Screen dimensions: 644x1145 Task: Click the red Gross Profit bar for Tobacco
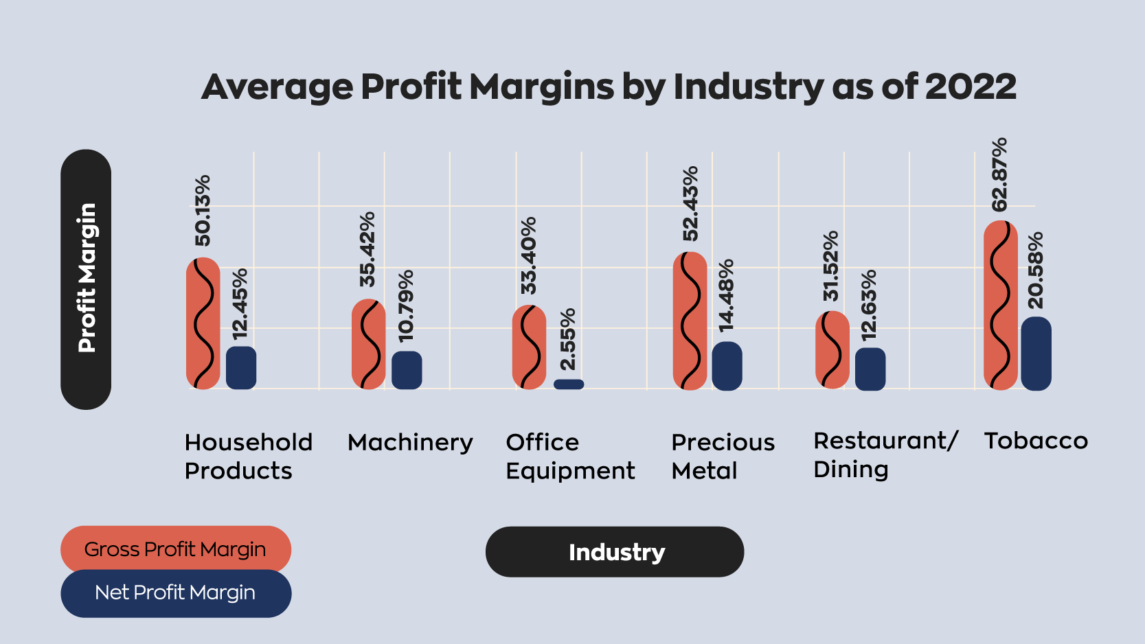(1000, 305)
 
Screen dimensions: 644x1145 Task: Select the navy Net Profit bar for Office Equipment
(569, 384)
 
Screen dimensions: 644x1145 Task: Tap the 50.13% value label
(203, 210)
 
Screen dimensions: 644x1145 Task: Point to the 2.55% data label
(568, 339)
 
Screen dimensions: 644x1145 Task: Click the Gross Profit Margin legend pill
(176, 549)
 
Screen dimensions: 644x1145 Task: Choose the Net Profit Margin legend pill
(176, 593)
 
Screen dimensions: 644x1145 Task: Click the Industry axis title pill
(615, 552)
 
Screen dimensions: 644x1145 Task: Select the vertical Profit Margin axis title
(86, 279)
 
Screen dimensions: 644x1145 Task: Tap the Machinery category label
(410, 442)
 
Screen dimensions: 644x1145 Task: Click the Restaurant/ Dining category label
(884, 455)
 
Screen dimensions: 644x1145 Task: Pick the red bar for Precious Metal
(690, 321)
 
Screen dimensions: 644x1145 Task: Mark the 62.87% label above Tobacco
(1000, 174)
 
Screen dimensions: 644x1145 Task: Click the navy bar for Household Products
(241, 368)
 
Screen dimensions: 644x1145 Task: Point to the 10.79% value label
(406, 306)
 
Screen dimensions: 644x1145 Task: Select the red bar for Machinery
(369, 345)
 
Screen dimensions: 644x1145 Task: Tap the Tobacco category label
(1036, 441)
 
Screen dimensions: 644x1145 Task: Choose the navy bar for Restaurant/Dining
(870, 369)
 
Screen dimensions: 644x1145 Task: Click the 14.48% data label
(727, 296)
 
